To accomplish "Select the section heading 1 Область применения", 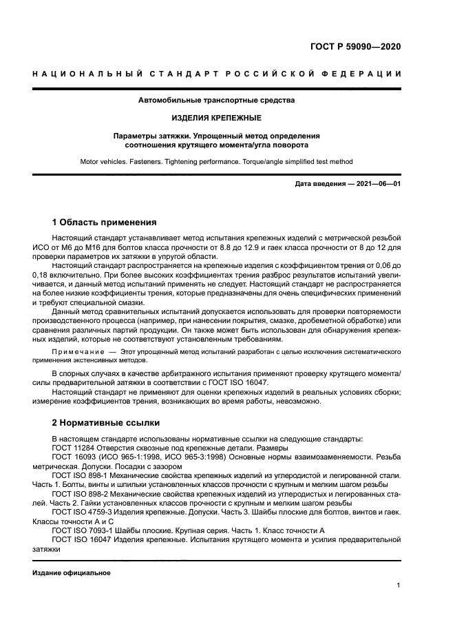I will [x=104, y=222].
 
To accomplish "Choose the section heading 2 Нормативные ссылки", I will [x=106, y=422].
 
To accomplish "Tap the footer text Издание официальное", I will [x=71, y=573].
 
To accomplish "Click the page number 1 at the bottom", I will [x=399, y=585].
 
